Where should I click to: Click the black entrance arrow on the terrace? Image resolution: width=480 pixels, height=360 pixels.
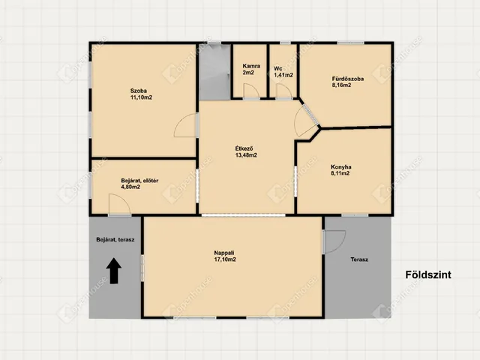[114, 271]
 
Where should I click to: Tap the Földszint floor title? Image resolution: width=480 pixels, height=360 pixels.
[428, 274]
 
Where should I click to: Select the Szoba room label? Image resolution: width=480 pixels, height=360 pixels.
[138, 91]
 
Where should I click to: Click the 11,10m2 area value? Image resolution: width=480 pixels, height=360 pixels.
[141, 97]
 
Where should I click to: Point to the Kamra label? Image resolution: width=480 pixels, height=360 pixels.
[251, 66]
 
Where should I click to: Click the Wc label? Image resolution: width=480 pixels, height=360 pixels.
[278, 68]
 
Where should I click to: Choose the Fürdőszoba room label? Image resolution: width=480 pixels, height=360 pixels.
[348, 79]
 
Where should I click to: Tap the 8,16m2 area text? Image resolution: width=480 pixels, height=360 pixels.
[341, 85]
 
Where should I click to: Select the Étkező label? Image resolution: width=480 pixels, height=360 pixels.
[244, 148]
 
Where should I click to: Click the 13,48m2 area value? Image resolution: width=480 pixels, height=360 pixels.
[246, 155]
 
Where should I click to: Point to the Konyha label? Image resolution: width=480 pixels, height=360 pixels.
[341, 166]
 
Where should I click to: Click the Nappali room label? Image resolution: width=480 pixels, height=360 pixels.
[224, 253]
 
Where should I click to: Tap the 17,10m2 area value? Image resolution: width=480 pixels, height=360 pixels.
[225, 259]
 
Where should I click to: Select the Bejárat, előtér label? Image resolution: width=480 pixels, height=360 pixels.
[139, 181]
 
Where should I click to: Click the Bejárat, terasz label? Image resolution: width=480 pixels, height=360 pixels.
[115, 240]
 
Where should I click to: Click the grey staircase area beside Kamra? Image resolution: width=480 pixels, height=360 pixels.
[215, 72]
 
